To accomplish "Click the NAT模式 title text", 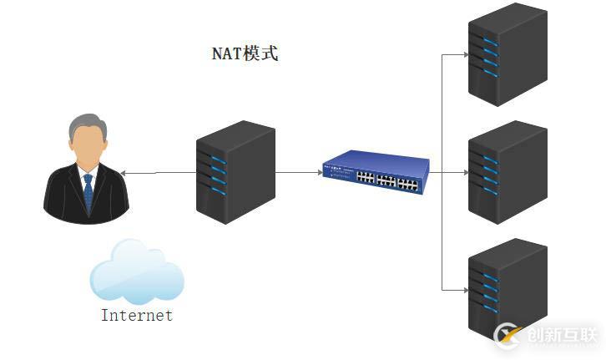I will coord(245,54).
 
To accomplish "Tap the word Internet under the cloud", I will coord(137,316).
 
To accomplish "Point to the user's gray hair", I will coord(87,126).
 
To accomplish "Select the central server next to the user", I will coord(235,171).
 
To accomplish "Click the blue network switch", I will coord(375,171).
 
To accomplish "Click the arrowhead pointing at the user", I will coord(124,173).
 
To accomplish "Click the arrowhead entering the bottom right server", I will coord(465,290).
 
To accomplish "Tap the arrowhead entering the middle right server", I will coord(465,173).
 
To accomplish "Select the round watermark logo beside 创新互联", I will coord(508,336).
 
